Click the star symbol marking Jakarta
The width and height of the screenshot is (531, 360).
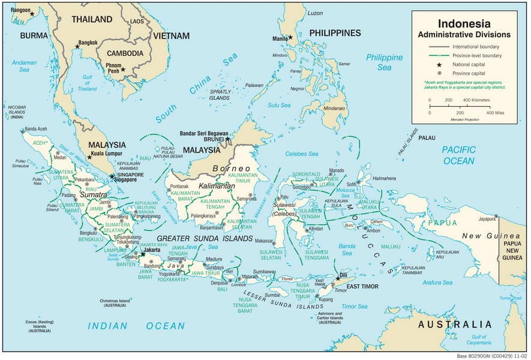click(143, 254)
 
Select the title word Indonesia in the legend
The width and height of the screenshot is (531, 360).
click(464, 24)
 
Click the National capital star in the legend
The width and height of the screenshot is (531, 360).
click(439, 64)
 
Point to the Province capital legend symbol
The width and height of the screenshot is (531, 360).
click(439, 73)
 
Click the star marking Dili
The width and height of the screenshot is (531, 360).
click(338, 278)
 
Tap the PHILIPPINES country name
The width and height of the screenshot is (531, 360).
click(335, 33)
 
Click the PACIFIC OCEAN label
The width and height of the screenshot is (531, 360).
click(458, 155)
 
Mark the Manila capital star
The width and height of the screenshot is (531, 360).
click(290, 37)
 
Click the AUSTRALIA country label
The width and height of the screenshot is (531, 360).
click(455, 325)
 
